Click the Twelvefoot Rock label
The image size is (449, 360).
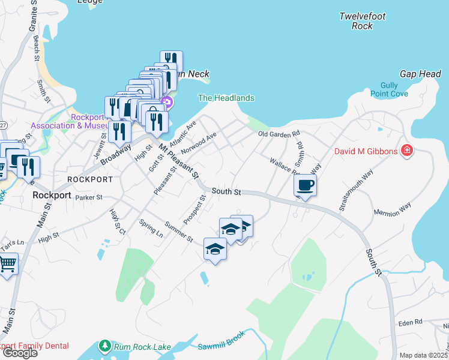point(362,21)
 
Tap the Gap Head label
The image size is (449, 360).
point(421,74)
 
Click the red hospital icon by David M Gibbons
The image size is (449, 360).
point(406,150)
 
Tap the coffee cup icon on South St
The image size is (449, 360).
point(305,185)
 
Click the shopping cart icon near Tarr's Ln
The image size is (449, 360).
point(7,263)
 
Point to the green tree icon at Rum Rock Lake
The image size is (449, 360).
point(105,346)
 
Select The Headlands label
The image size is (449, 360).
point(226,98)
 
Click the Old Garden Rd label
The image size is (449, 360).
point(279,134)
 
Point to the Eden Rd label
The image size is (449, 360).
point(410,323)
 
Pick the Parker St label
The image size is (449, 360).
point(90,197)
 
